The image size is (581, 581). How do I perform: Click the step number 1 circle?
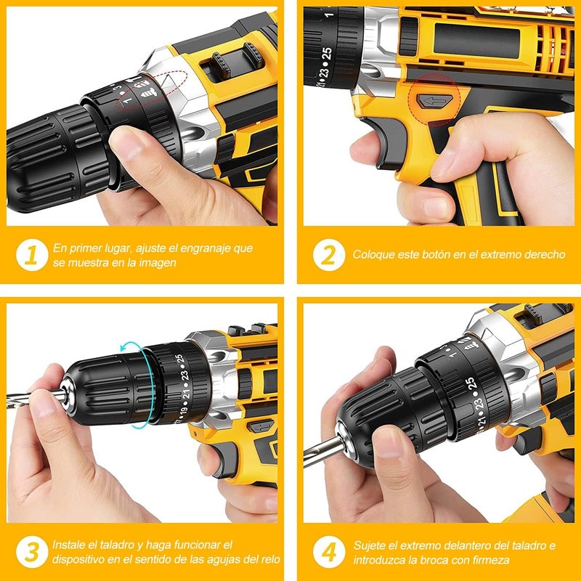pos(31,255)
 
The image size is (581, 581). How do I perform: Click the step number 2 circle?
pos(328,255)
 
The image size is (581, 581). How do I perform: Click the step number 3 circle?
pos(31,551)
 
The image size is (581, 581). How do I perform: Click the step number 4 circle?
pos(328,551)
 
